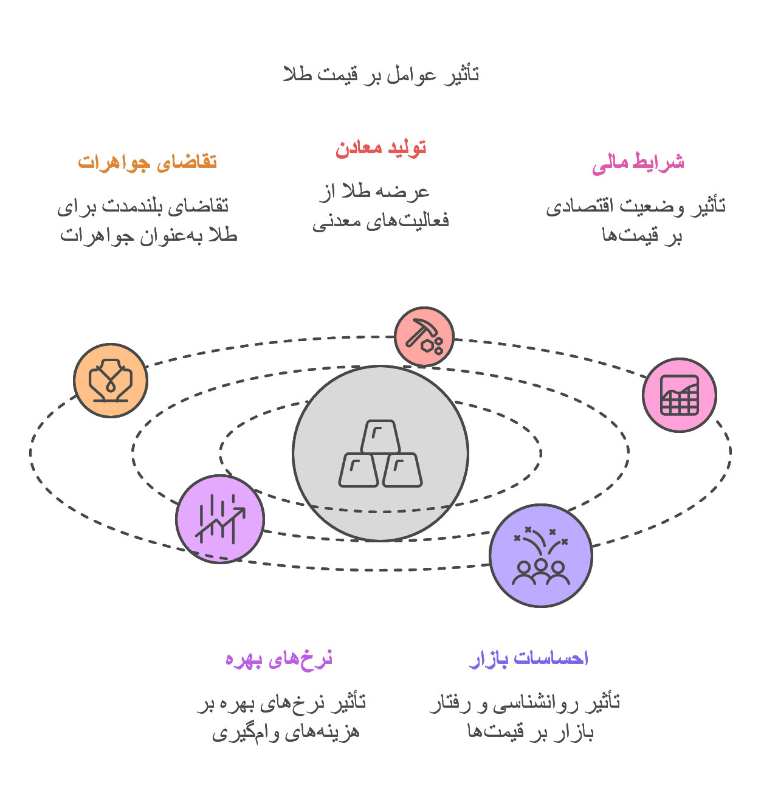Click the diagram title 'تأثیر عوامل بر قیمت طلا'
tap(380, 75)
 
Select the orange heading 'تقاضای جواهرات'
tap(147, 162)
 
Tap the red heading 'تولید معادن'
tap(380, 148)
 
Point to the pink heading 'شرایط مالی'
tap(638, 163)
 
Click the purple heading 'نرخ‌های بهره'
tap(279, 659)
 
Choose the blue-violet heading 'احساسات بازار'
tap(528, 658)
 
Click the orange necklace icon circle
tap(111, 381)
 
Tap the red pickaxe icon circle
tap(424, 337)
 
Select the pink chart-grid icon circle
tap(679, 395)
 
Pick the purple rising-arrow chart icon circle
tap(220, 519)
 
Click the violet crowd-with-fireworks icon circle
tap(541, 555)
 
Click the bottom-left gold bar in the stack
tap(358, 470)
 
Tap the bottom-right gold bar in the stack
tap(402, 470)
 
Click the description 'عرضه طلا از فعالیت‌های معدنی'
tap(380, 207)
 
